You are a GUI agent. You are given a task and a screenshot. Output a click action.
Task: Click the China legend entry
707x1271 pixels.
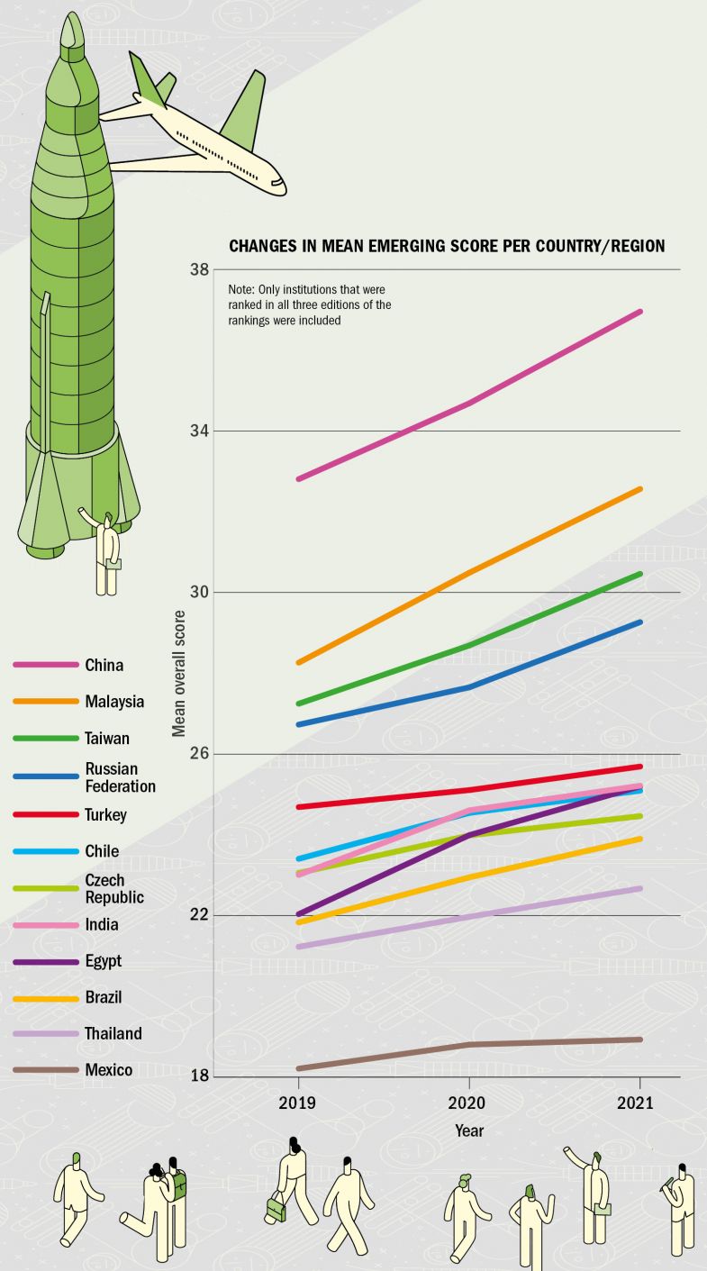[x=104, y=666]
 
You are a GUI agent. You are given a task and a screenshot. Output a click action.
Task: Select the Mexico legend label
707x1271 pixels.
[x=108, y=1070]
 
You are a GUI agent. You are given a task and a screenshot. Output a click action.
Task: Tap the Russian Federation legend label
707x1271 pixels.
[x=120, y=777]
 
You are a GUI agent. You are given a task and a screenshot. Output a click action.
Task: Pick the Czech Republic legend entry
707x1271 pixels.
[x=113, y=888]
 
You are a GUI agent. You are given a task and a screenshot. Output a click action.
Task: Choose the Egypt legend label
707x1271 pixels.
[x=103, y=961]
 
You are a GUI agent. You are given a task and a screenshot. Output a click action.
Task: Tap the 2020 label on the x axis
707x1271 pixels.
[x=468, y=1102]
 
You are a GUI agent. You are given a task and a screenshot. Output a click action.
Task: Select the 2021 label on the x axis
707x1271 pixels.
[x=639, y=1102]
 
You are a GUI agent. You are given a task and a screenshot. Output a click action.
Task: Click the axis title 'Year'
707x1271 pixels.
[x=468, y=1130]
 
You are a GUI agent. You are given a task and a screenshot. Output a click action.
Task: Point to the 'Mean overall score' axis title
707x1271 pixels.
[x=179, y=673]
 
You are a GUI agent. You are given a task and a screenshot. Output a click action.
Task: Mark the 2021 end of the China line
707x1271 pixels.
[x=640, y=312]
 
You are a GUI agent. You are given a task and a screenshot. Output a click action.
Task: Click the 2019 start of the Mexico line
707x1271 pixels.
[x=298, y=1068]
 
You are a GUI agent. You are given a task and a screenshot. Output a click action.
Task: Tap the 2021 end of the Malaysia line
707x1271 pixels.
[x=640, y=489]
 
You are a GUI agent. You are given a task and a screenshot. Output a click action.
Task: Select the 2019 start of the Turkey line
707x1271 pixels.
[x=298, y=806]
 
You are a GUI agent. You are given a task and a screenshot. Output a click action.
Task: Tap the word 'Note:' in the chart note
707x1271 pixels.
[x=242, y=290]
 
